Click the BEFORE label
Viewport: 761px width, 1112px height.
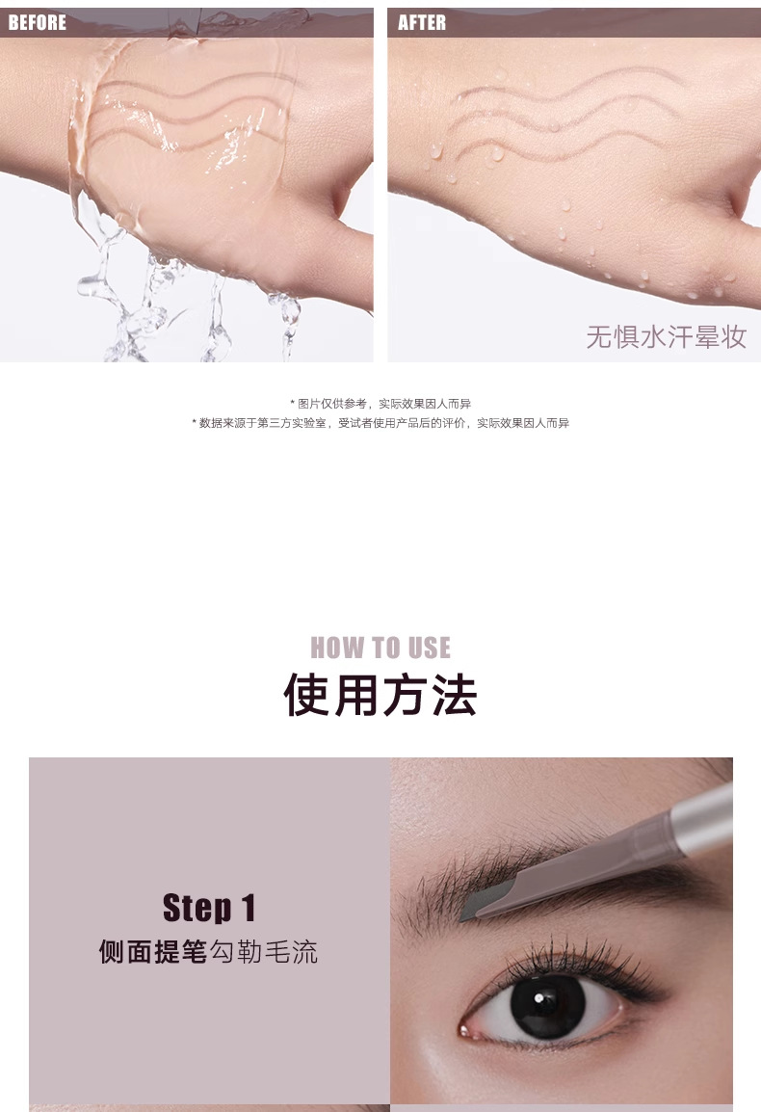tap(37, 23)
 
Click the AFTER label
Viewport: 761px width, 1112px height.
tap(422, 23)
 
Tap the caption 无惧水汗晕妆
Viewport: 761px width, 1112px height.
tap(666, 337)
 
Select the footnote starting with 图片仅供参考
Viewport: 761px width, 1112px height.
tap(380, 404)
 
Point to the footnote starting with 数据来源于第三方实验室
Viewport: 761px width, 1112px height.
tap(380, 423)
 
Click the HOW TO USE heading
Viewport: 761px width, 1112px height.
tap(380, 648)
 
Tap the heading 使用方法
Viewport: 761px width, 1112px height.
tap(380, 695)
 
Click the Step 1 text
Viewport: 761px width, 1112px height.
tap(208, 908)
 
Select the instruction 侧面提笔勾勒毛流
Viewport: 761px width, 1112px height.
tap(208, 952)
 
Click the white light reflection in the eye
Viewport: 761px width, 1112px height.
tap(539, 998)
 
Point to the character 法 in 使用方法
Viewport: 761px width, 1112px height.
tap(455, 695)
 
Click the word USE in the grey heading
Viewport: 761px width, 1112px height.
tap(429, 648)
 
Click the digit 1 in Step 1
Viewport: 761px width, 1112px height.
tap(248, 908)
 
